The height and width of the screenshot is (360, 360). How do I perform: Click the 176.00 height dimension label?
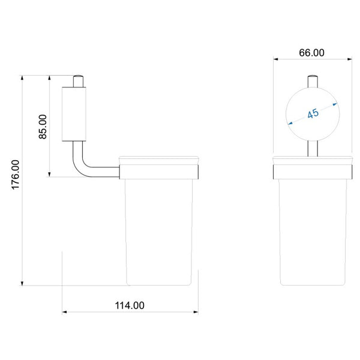tap(16, 175)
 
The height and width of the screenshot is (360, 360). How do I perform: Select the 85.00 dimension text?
tap(43, 127)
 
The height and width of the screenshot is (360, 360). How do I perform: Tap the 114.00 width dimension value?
tap(130, 305)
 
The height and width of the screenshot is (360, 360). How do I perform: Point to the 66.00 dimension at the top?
tap(311, 53)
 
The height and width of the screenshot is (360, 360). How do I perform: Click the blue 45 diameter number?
tap(313, 113)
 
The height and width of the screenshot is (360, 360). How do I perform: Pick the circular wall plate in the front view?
tap(313, 114)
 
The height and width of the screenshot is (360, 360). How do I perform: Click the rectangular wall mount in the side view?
tap(74, 114)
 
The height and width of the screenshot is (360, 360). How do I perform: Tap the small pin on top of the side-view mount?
tap(78, 81)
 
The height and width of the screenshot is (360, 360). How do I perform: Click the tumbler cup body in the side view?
tap(158, 232)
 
